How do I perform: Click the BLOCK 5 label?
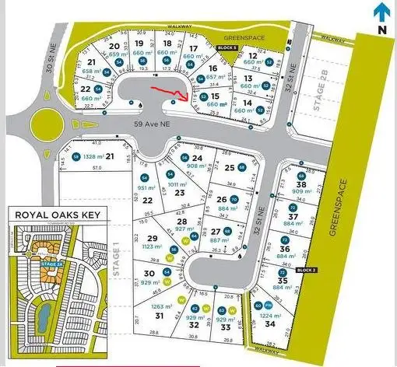(227, 47)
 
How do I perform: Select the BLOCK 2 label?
(307, 269)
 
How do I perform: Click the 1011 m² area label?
(179, 183)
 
